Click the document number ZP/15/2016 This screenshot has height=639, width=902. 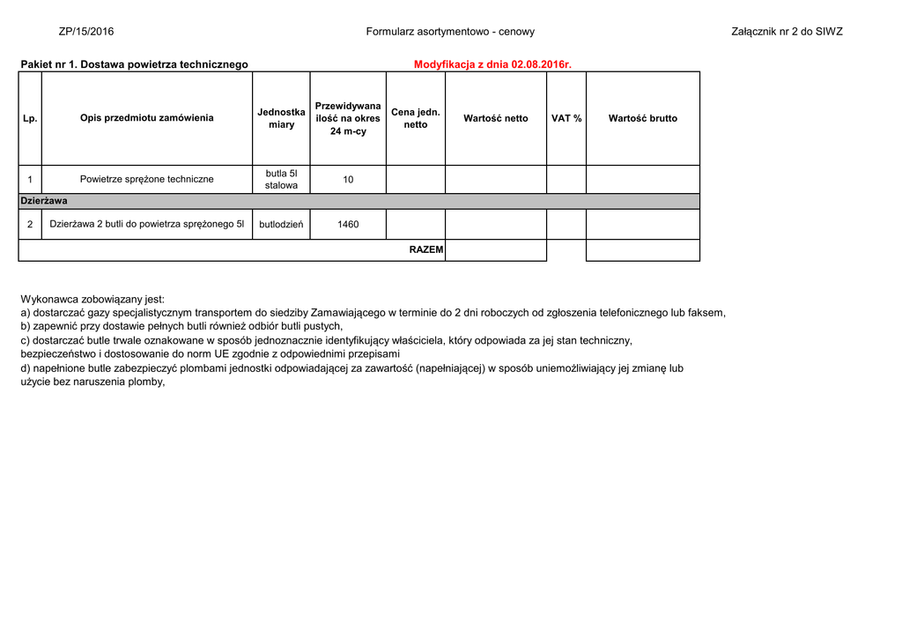click(86, 32)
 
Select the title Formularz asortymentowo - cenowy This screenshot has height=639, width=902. click(450, 32)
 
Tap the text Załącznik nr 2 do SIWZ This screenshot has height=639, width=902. click(787, 32)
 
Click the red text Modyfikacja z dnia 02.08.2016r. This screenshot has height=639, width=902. click(492, 64)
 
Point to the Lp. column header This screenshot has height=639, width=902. click(30, 118)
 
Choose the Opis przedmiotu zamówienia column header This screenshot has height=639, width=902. click(147, 118)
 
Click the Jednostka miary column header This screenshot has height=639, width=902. click(281, 118)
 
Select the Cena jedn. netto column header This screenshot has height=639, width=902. click(416, 118)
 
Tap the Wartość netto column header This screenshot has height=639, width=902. click(496, 118)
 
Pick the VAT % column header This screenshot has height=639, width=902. click(566, 118)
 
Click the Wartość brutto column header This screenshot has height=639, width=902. click(643, 118)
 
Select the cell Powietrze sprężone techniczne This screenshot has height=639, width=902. click(147, 179)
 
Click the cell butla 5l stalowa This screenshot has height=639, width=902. click(281, 179)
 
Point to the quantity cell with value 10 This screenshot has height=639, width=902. click(348, 179)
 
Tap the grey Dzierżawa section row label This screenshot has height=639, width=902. click(44, 201)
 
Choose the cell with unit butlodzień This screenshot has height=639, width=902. click(281, 224)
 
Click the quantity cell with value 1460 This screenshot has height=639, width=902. click(348, 224)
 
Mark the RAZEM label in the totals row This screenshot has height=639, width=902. click(426, 250)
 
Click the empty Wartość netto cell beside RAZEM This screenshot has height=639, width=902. click(496, 250)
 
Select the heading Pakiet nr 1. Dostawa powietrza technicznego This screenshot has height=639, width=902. click(134, 64)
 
